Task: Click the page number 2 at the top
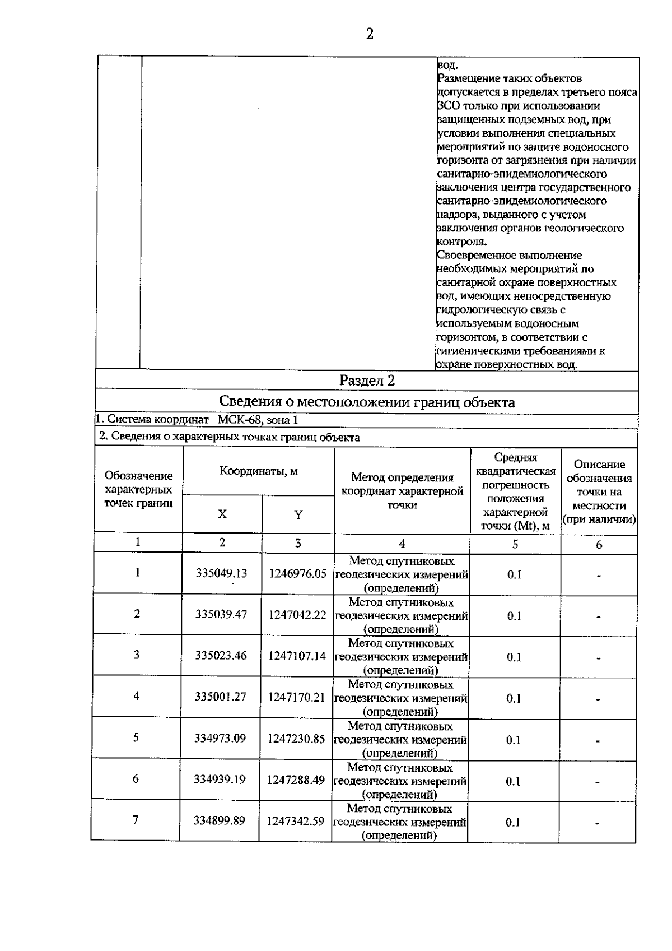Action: coord(370,35)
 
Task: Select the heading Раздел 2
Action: coord(367,381)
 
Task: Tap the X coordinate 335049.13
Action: coord(222,573)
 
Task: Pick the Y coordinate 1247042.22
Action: coord(297,615)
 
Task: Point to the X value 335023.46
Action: coord(221,656)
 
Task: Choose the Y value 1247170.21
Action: coord(297,697)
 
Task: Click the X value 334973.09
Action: coord(220,738)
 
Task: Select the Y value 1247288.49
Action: coord(296,780)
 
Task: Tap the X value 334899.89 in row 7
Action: coord(220,821)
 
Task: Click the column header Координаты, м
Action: coord(259,471)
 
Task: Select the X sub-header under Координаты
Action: coord(222,514)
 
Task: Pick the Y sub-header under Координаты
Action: coord(298,514)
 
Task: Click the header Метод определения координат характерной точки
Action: coord(402,491)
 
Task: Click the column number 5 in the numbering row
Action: coord(515,544)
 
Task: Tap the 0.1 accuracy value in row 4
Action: coord(514,698)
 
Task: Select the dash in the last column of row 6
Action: coord(598,782)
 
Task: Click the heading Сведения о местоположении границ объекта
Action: coord(367,402)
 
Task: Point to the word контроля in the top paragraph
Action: coord(461,242)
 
